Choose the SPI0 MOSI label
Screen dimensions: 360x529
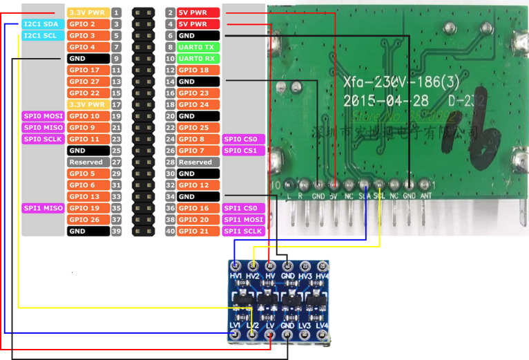coord(44,116)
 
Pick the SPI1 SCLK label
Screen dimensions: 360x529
coord(243,231)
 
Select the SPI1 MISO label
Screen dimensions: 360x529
coord(44,208)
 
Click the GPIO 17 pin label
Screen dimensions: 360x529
coord(88,70)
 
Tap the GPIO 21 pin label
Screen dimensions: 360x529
coord(198,231)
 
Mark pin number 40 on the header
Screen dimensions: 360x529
coord(171,231)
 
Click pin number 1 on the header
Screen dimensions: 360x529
coord(117,12)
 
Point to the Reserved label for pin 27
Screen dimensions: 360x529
coord(88,162)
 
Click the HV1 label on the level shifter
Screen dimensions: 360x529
coord(235,276)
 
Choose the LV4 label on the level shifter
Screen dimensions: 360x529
coord(321,325)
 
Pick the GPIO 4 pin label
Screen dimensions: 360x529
coord(88,47)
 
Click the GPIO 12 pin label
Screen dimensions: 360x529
coord(198,185)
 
